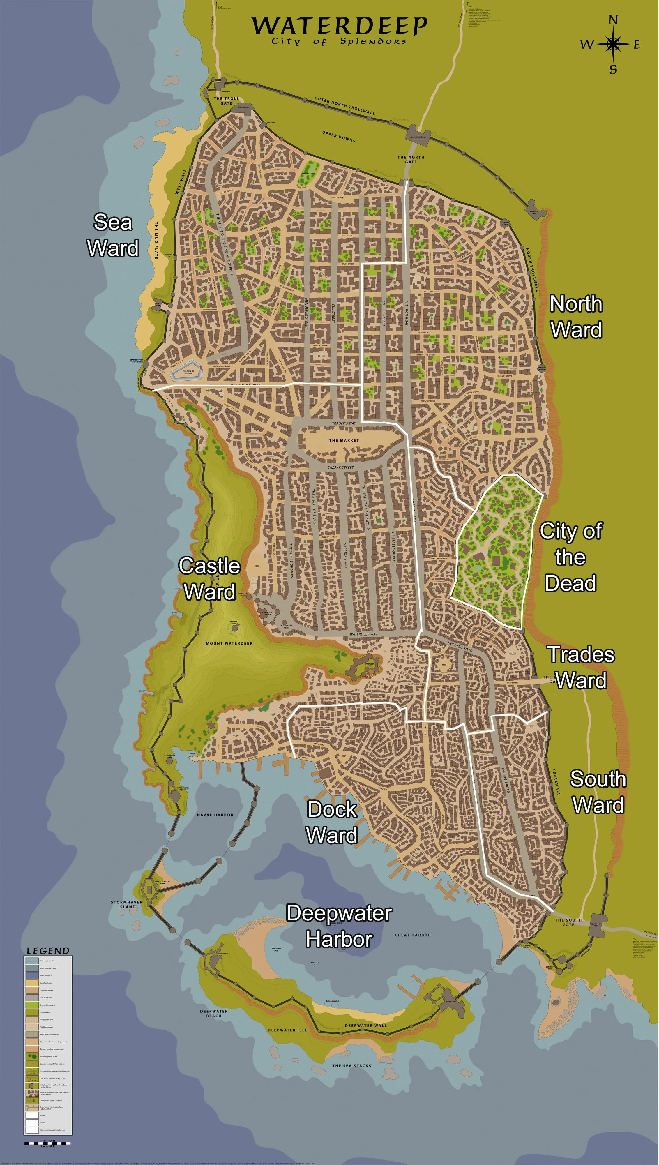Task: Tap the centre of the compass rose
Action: point(613,44)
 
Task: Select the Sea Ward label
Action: point(113,235)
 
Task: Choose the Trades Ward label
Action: point(581,667)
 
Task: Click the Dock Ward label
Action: point(332,822)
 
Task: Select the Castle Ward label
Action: point(209,578)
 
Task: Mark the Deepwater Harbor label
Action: point(339,926)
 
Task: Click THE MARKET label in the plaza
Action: point(344,440)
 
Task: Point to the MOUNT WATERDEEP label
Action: point(229,643)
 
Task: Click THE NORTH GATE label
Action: point(411,159)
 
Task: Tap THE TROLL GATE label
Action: point(226,100)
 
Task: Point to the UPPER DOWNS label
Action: point(339,136)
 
